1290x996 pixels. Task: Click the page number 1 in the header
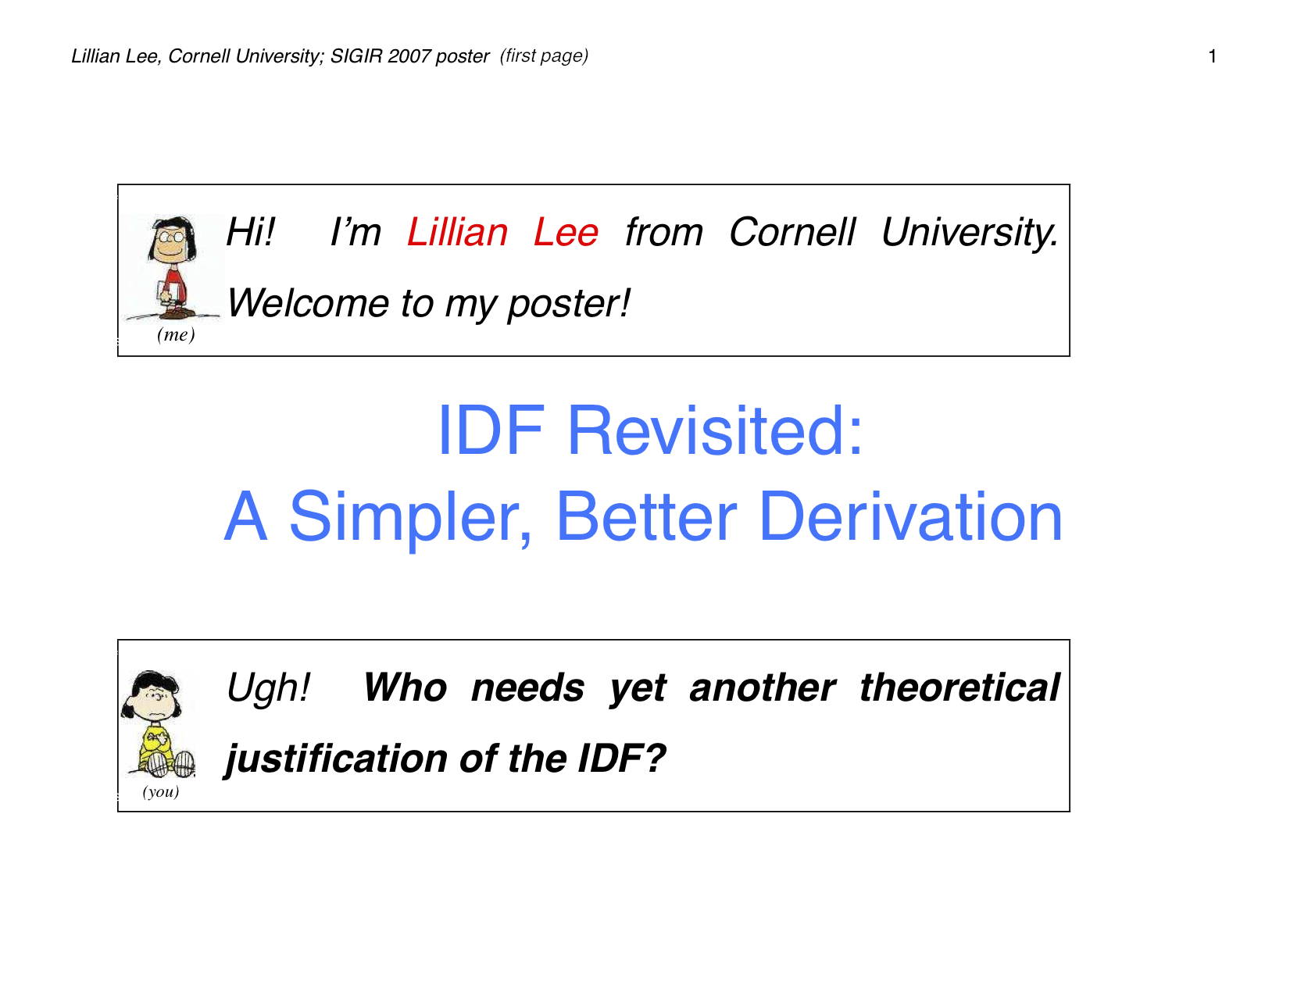click(x=1212, y=56)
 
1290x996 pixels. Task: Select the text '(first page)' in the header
click(x=544, y=55)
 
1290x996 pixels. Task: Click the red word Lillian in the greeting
click(x=457, y=231)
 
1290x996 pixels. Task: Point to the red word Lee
click(x=566, y=231)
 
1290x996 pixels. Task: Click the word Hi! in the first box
click(x=251, y=231)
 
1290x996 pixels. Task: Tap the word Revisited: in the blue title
click(x=715, y=430)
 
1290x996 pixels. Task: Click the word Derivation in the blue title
click(x=910, y=516)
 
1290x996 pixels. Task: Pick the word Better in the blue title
click(x=646, y=516)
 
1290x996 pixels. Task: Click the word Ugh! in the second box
click(x=268, y=688)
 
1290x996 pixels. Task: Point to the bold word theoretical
click(x=959, y=687)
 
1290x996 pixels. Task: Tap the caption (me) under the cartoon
click(x=176, y=335)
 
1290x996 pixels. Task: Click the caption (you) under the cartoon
click(x=161, y=791)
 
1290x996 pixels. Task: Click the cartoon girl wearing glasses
click(x=172, y=267)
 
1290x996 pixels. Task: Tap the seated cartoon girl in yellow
click(x=158, y=724)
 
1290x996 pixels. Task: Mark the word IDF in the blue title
click(x=491, y=430)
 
